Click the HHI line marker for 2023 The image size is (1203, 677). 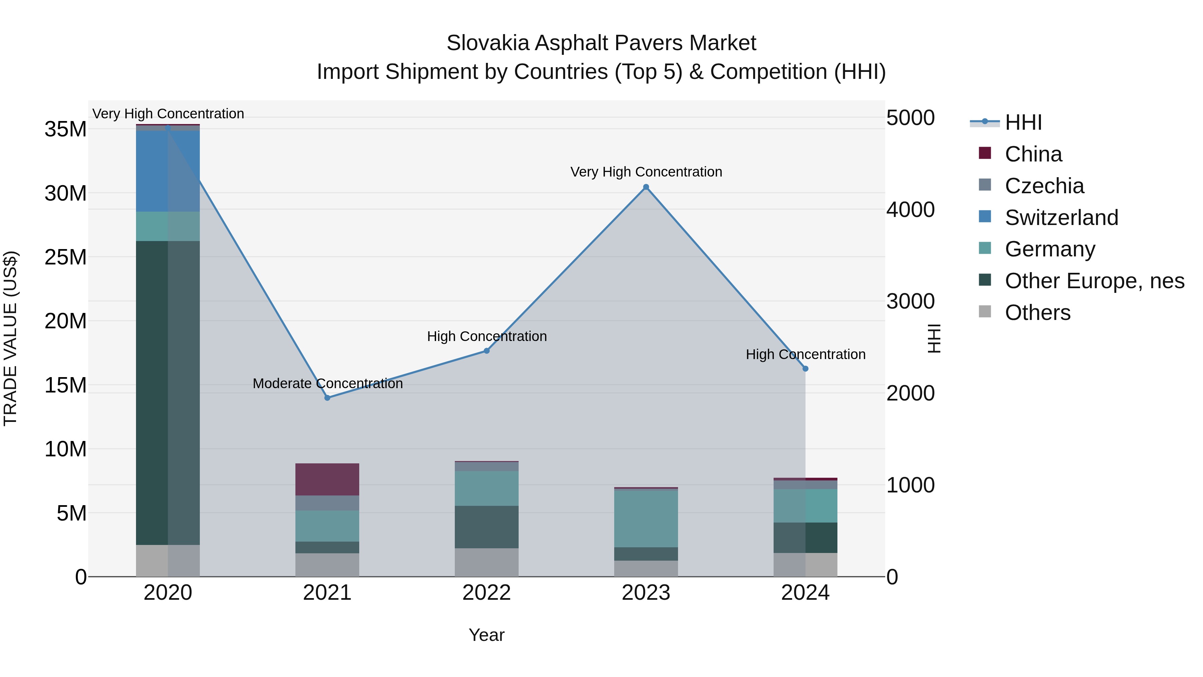646,187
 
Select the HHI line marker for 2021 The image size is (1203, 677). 327,398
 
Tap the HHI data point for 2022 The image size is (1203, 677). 487,351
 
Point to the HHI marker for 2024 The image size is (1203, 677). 805,369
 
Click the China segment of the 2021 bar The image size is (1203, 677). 327,479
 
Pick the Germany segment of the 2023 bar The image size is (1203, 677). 646,519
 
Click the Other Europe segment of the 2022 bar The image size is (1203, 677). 487,527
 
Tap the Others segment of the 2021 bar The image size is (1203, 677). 327,565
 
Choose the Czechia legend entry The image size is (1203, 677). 1044,186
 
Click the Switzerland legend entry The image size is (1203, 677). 1061,218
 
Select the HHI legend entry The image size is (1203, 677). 1023,122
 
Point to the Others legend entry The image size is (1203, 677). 1037,313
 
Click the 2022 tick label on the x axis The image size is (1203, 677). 487,593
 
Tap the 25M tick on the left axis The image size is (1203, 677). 65,257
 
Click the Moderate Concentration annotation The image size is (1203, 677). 327,383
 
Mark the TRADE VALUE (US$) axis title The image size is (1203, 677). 11,338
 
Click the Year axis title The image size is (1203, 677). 487,635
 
